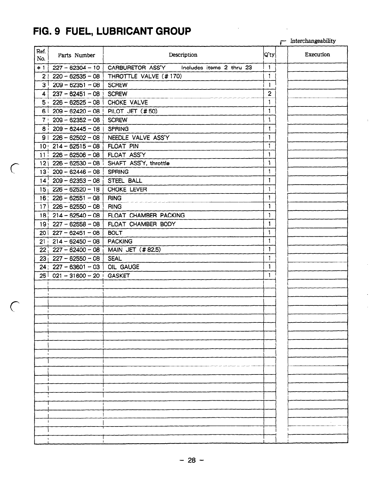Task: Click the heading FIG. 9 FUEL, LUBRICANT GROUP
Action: point(112,31)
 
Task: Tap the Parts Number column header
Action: point(76,55)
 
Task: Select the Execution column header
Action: point(317,55)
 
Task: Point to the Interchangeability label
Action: point(313,41)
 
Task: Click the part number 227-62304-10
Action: point(76,68)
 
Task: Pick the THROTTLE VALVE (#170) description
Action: point(145,76)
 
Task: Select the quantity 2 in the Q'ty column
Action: point(269,94)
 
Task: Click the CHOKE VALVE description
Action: point(128,103)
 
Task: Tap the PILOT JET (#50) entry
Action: point(133,111)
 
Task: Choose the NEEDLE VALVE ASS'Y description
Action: point(138,138)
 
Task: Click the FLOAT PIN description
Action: point(123,146)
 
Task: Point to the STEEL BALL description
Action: point(125,181)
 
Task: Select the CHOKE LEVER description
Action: point(127,190)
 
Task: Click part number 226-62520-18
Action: point(76,190)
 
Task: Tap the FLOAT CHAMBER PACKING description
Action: point(146,215)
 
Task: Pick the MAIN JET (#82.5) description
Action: point(134,250)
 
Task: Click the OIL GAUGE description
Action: point(123,267)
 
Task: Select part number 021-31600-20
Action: point(76,276)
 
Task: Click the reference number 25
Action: point(43,276)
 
